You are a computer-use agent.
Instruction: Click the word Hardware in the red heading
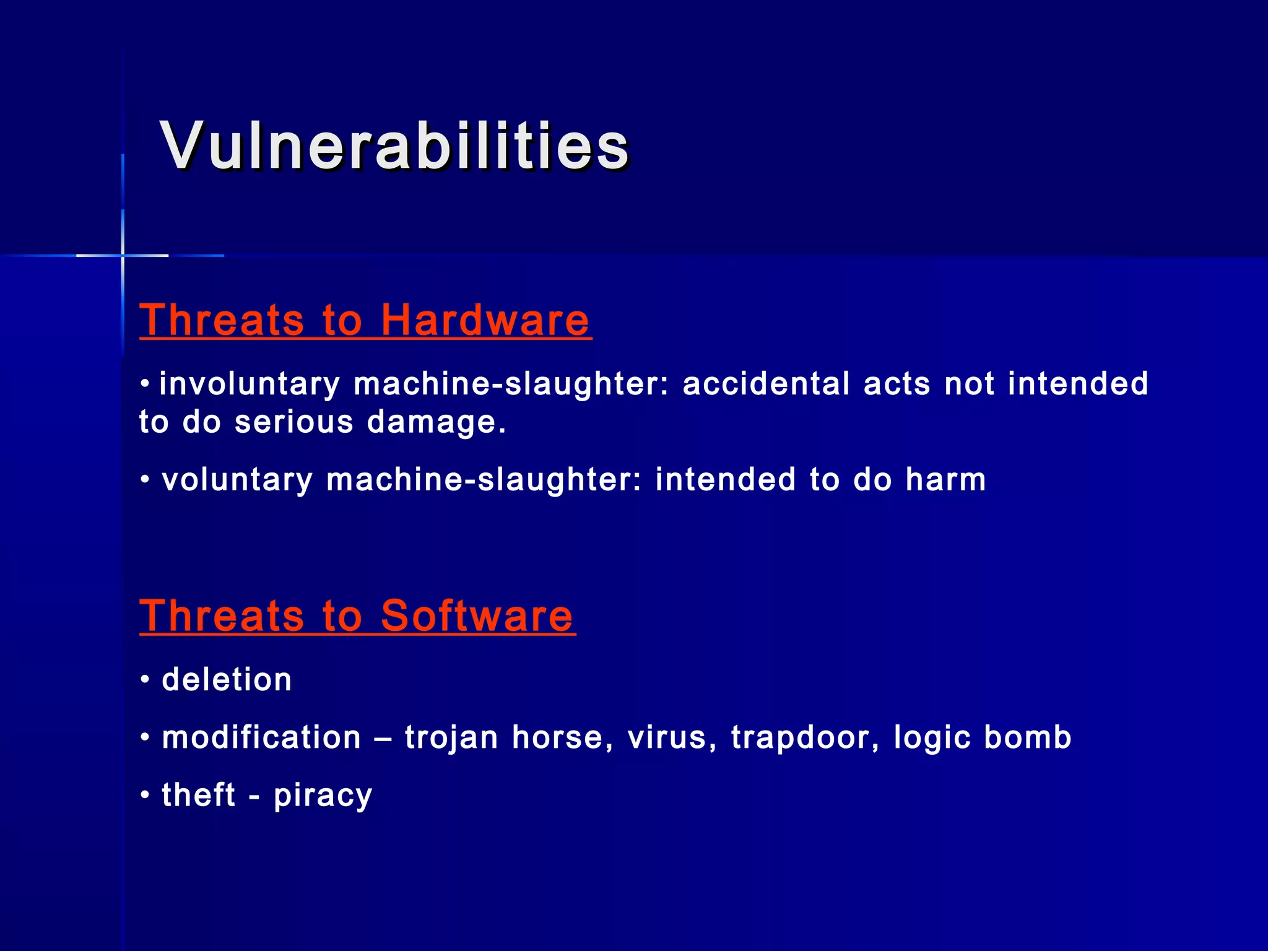(x=485, y=320)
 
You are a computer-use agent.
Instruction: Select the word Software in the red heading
(x=477, y=616)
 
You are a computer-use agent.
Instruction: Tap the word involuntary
(x=250, y=384)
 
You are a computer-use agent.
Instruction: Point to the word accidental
(x=766, y=383)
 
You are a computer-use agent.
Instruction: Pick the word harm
(x=945, y=480)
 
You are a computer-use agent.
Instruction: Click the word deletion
(x=227, y=680)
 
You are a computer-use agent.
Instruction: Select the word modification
(x=261, y=737)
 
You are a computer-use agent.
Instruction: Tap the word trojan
(x=451, y=738)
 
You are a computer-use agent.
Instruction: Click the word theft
(x=198, y=795)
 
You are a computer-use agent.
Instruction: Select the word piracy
(x=323, y=796)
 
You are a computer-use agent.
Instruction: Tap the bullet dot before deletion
(x=145, y=680)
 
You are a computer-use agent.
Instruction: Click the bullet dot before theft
(x=145, y=794)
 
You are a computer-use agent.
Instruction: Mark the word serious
(x=294, y=422)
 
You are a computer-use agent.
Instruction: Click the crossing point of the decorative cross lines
(x=123, y=255)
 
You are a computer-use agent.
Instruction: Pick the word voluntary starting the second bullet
(x=237, y=480)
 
